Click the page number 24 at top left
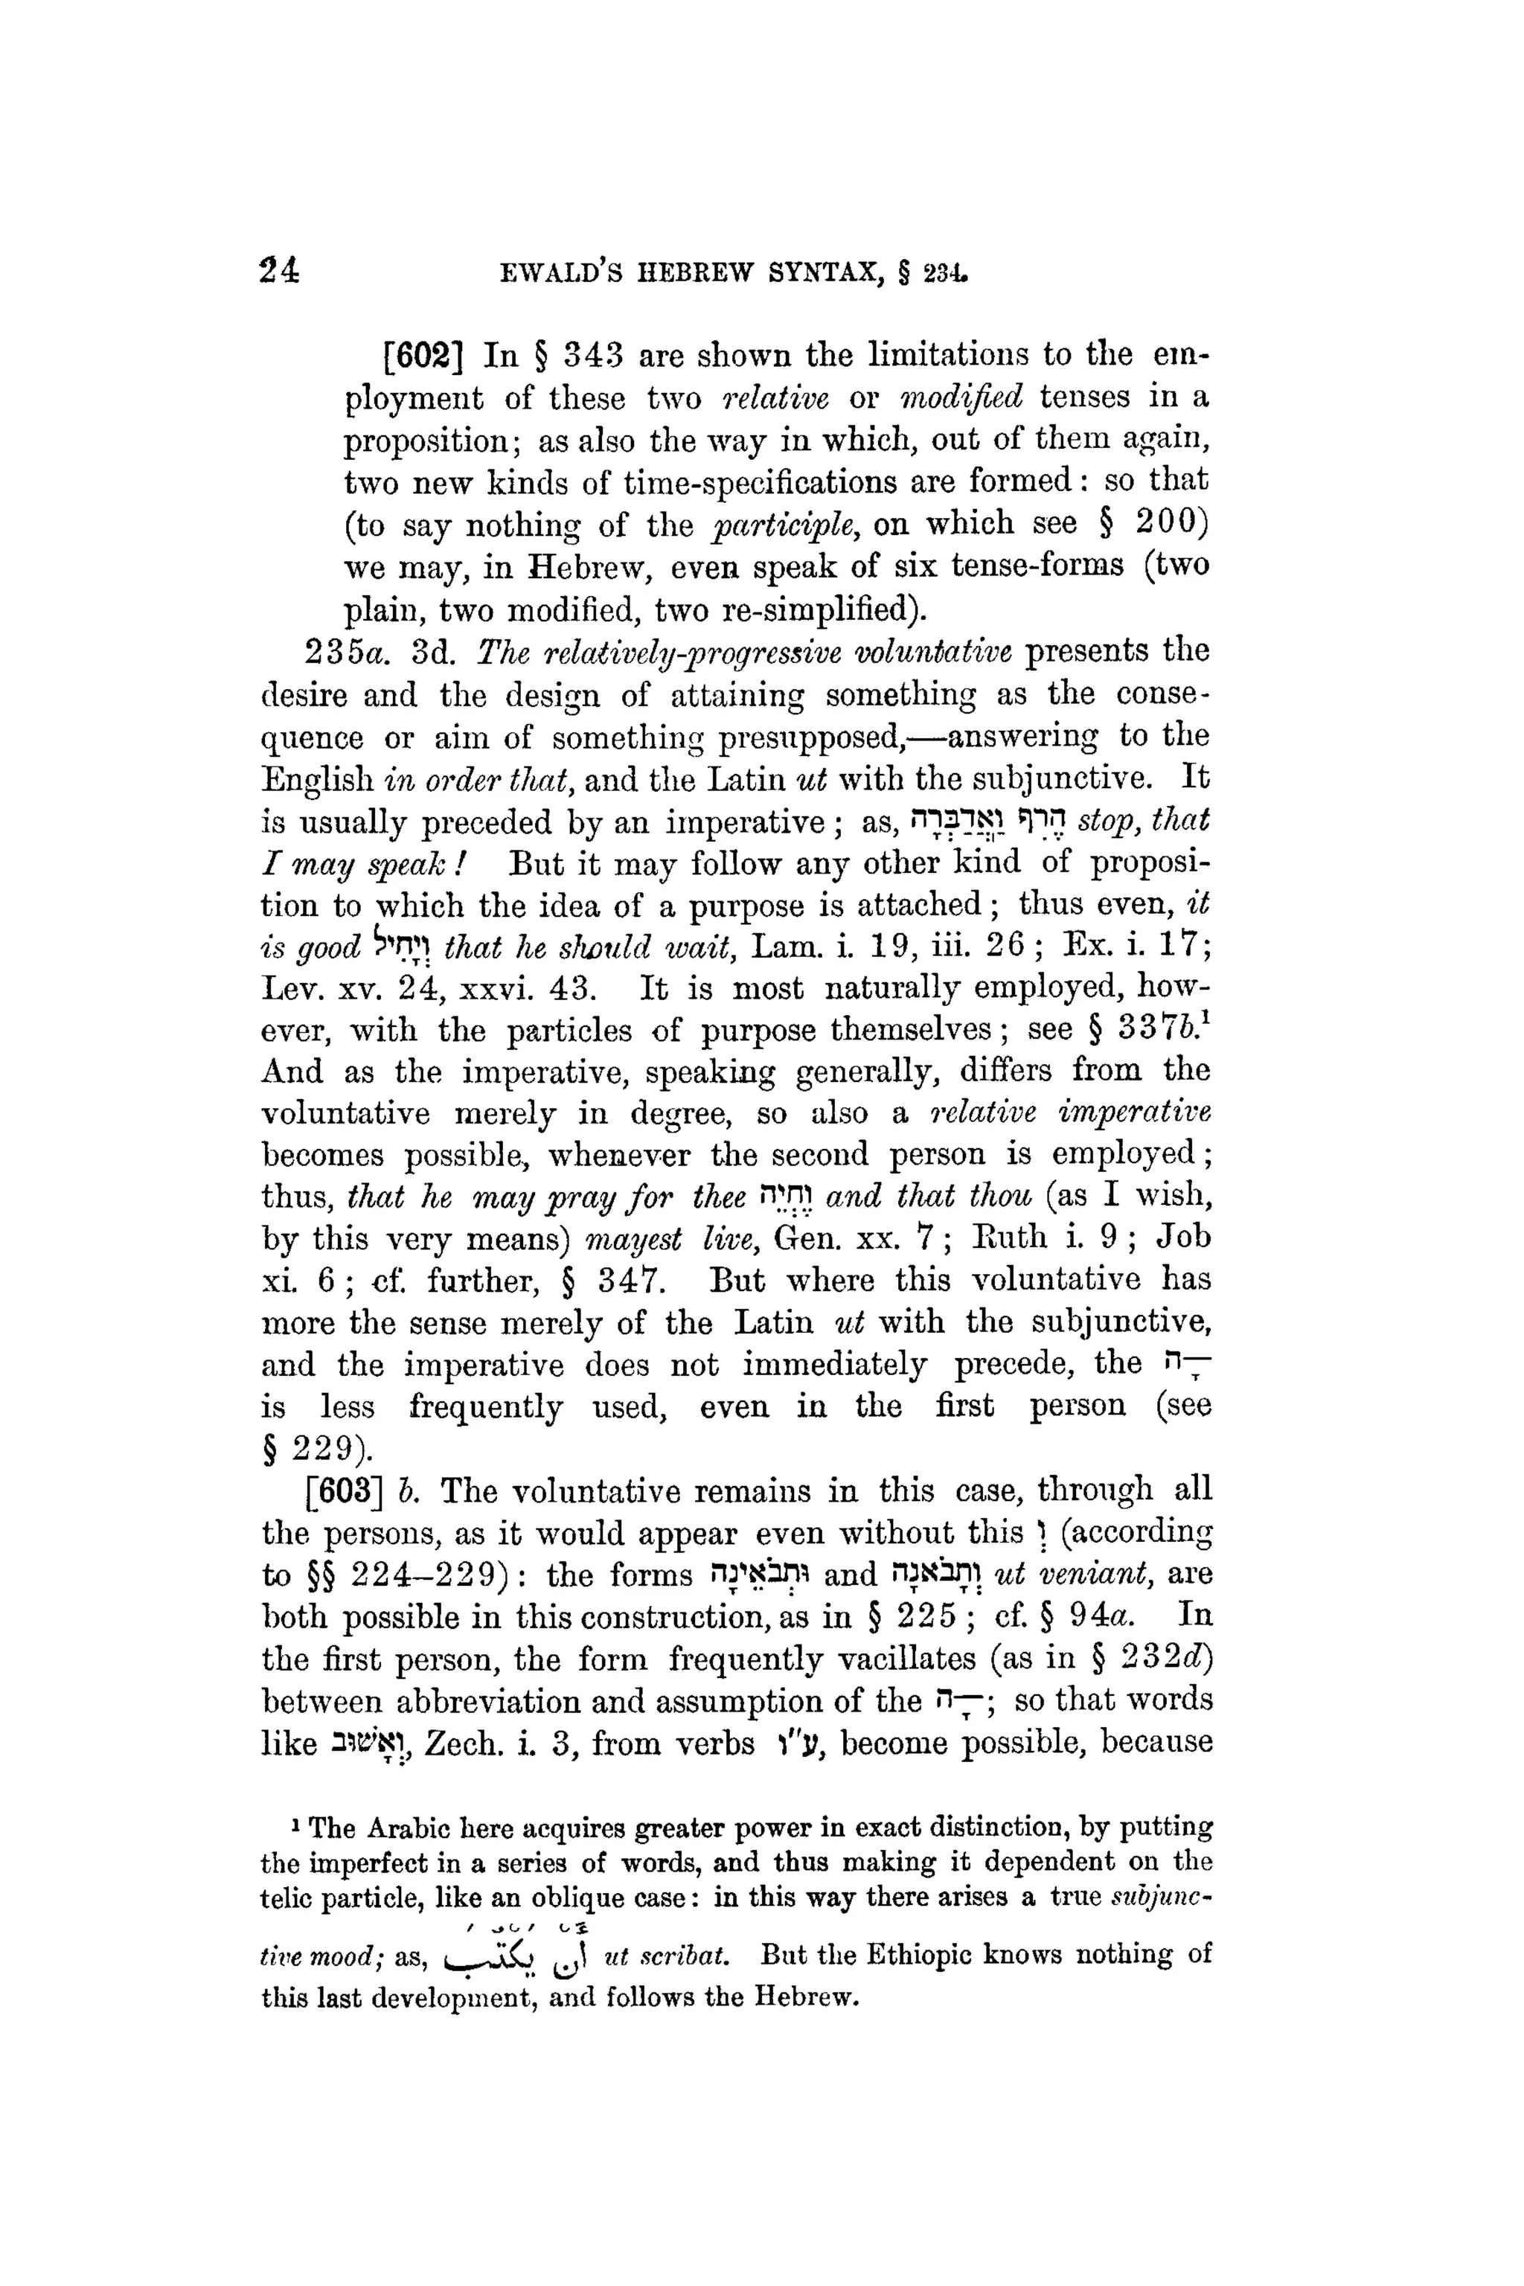click(280, 270)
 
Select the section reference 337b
click(1162, 1029)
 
